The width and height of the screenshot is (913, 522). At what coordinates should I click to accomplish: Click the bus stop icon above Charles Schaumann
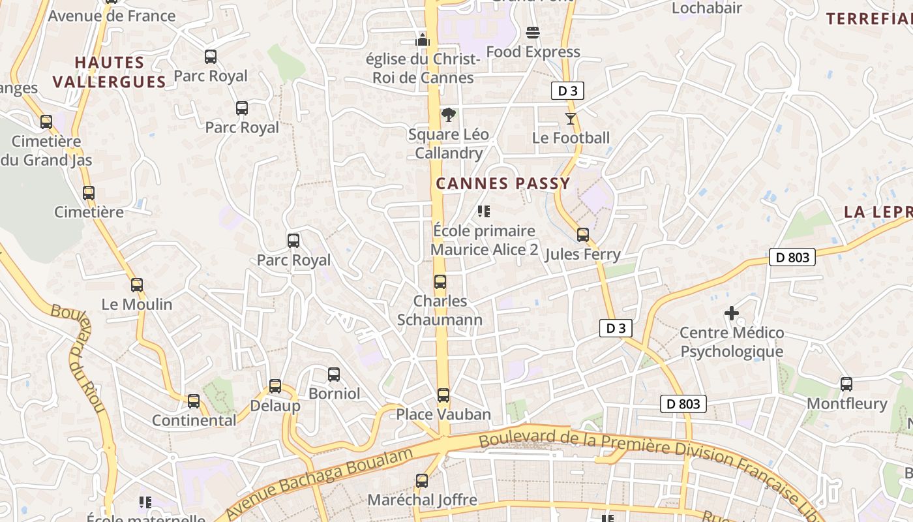[440, 282]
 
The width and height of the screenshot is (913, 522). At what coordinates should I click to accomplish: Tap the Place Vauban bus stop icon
[443, 395]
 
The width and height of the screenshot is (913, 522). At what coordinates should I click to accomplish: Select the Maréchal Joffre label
[422, 500]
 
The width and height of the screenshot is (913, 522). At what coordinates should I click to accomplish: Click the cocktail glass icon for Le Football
[571, 118]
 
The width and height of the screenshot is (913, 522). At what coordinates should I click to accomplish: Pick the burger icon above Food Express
[533, 33]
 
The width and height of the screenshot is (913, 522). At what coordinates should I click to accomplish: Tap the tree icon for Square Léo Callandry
[448, 115]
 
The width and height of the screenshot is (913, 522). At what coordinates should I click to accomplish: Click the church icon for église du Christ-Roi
[423, 40]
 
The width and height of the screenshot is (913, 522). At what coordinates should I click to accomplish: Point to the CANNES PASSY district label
[503, 184]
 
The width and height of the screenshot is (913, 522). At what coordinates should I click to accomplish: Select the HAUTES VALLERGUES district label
[110, 72]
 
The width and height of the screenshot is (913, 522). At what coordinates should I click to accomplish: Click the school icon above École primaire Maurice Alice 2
[483, 211]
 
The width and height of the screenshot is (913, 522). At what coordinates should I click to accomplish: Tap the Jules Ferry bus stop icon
[583, 235]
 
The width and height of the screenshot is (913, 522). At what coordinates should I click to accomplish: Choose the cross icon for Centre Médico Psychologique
[732, 314]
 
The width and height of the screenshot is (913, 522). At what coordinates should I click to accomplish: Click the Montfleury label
[847, 404]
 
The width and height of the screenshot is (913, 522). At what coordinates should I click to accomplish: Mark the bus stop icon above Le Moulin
[137, 285]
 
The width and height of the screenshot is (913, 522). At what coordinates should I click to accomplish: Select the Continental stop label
[194, 421]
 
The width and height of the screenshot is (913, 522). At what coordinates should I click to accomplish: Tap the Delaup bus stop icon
[275, 386]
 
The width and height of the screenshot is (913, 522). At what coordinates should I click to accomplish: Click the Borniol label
[334, 393]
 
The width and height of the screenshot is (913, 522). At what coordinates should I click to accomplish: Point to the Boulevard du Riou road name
[79, 359]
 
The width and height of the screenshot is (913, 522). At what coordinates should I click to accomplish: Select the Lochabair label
[706, 8]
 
